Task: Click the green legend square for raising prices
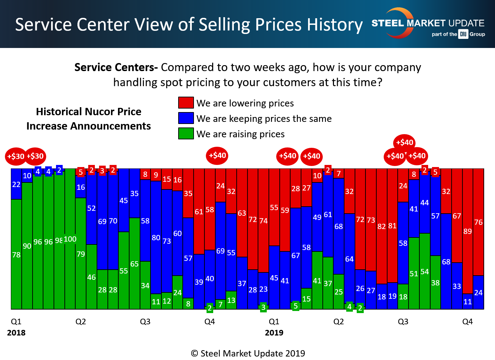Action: pyautogui.click(x=186, y=133)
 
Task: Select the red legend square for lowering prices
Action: pyautogui.click(x=186, y=103)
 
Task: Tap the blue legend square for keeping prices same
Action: pyautogui.click(x=186, y=118)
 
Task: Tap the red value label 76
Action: pyautogui.click(x=478, y=222)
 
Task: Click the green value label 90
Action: pyautogui.click(x=27, y=246)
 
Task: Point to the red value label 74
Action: pyautogui.click(x=263, y=221)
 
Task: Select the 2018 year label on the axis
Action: pyautogui.click(x=16, y=333)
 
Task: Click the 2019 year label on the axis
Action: pyautogui.click(x=274, y=333)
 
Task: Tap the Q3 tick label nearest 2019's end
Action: pyautogui.click(x=403, y=321)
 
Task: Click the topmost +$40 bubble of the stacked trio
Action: pyautogui.click(x=404, y=142)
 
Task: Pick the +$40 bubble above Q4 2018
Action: pyautogui.click(x=217, y=155)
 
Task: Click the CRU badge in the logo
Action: pyautogui.click(x=463, y=34)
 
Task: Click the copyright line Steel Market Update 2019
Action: pyautogui.click(x=248, y=353)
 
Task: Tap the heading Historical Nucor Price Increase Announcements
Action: pyautogui.click(x=89, y=119)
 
